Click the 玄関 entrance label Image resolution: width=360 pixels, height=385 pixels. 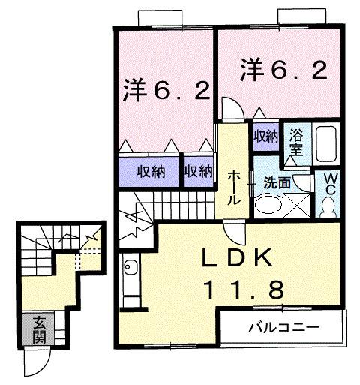37,329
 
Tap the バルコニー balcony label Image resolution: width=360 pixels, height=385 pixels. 284,326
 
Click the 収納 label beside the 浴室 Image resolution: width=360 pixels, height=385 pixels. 265,136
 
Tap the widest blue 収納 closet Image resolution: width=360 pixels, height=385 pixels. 150,171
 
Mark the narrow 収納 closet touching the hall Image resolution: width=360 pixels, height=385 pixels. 198,171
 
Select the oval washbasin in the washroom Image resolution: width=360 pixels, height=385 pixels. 265,205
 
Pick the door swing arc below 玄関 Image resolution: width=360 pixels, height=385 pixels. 37,364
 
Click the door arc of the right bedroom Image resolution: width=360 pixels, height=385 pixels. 233,109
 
